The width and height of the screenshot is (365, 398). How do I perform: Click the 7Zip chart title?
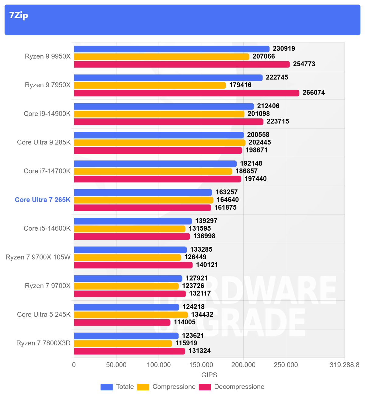[19, 15]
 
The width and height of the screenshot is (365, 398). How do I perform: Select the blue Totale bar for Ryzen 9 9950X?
[172, 49]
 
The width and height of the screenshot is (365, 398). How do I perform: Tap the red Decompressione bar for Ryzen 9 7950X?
[186, 93]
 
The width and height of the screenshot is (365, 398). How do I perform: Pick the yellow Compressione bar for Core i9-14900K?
[159, 114]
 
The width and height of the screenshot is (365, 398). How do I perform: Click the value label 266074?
[314, 93]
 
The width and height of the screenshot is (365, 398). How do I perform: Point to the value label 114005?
[185, 322]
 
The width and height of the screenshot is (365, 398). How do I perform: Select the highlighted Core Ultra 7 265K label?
[43, 200]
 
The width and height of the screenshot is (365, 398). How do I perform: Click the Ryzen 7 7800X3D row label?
[43, 343]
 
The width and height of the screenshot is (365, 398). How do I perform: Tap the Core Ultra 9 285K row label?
[44, 142]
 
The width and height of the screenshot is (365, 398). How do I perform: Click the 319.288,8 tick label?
[344, 365]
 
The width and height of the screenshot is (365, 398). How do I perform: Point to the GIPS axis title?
[209, 375]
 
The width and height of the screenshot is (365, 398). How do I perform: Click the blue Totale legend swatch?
[106, 387]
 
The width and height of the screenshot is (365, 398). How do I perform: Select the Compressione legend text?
[174, 387]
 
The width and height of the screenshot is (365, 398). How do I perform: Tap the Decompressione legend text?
[239, 387]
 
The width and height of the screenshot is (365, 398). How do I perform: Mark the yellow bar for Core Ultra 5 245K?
[131, 315]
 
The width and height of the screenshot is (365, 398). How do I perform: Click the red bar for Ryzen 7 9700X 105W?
[133, 265]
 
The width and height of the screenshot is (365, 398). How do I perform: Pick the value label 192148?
[251, 164]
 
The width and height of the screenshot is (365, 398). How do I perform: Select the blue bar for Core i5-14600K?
[133, 221]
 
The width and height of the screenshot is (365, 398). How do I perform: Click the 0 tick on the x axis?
[74, 365]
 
